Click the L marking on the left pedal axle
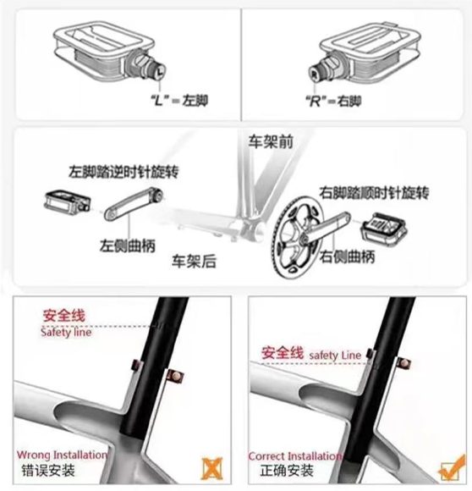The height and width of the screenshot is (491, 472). pos(160,72)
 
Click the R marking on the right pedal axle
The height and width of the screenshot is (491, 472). pos(314,74)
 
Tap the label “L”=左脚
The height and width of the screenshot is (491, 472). pos(179,101)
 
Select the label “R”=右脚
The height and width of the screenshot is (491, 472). pos(333,101)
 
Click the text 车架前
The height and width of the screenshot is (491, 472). pos(271,141)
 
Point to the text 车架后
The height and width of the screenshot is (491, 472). pos(195,261)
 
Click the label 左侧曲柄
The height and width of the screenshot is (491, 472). pos(128,245)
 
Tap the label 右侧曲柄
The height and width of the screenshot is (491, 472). pos(347,257)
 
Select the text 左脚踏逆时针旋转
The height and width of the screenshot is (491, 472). pos(123,172)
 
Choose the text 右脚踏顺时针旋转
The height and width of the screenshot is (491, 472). pos(374,193)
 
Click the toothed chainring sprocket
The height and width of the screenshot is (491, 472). pos(295,237)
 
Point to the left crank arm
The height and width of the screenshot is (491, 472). pos(134,204)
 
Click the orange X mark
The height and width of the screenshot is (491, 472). pos(212,468)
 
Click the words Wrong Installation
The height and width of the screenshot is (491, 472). pos(62,455)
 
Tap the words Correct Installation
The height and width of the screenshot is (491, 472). pos(295,456)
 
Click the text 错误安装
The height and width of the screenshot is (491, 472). pos(48,471)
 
